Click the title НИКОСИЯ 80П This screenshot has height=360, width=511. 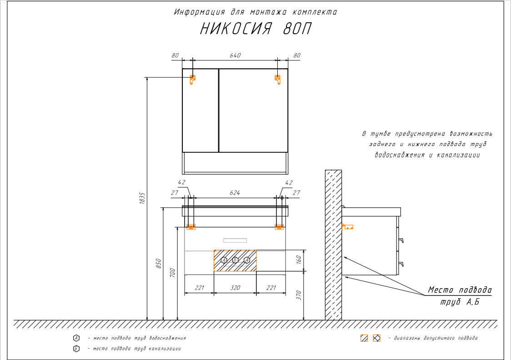[255, 29]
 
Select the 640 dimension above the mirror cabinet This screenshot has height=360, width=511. [235, 55]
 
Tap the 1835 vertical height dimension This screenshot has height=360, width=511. [142, 198]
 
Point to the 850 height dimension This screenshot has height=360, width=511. [158, 263]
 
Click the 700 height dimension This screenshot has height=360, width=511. [172, 273]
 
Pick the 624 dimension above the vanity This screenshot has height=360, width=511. [235, 193]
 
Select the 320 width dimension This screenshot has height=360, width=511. [235, 288]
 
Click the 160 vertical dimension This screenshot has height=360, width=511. [299, 260]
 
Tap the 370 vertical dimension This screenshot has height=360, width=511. [299, 295]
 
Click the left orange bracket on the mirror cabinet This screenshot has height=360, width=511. [193, 80]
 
